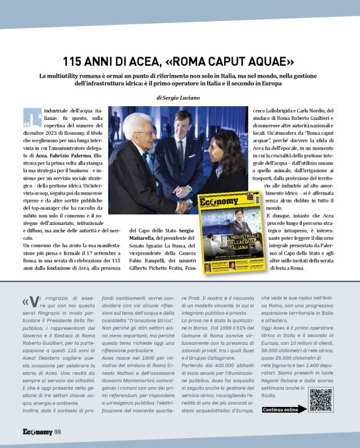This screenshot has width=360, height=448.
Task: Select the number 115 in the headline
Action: click(x=77, y=62)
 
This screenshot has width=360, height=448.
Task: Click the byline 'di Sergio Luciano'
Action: click(x=179, y=98)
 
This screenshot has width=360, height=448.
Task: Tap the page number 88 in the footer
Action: click(x=57, y=431)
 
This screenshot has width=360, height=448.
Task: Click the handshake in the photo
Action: click(x=184, y=206)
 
